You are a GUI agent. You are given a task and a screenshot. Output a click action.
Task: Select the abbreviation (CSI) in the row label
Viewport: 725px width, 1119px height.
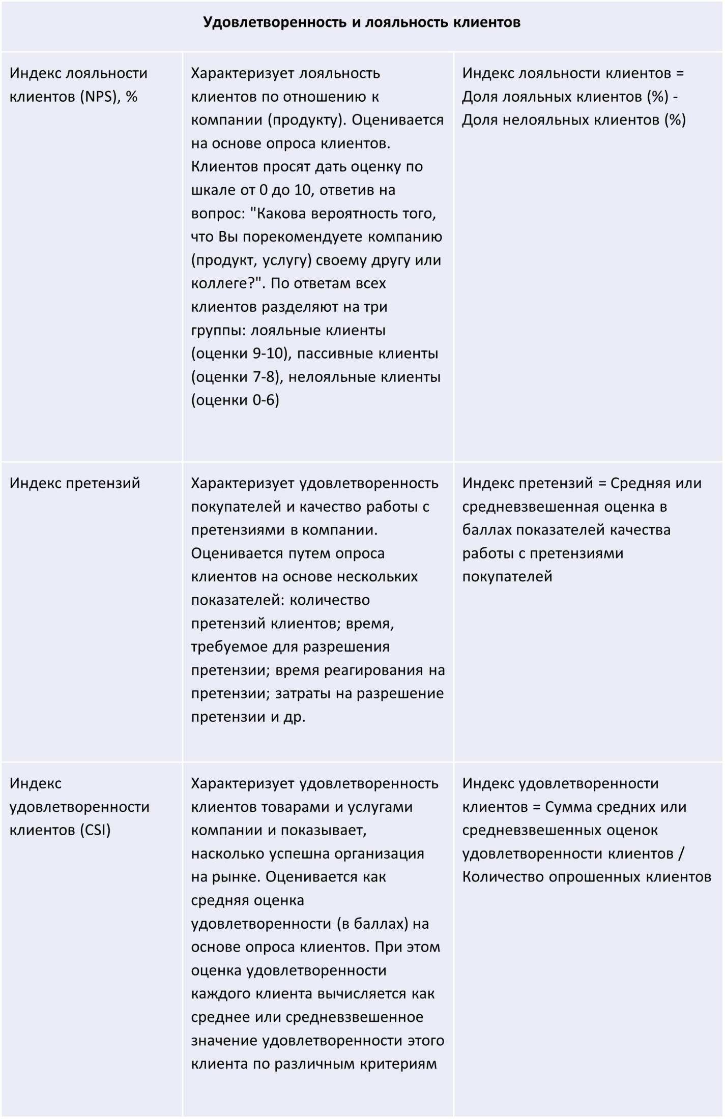(x=95, y=830)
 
